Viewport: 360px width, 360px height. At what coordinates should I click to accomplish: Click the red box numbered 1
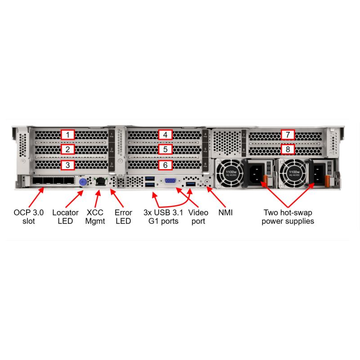[67, 135]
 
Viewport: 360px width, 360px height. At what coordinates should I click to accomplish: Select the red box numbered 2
[67, 149]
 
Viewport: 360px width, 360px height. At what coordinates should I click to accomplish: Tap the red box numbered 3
[67, 165]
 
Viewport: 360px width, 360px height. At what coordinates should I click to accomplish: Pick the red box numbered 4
[166, 135]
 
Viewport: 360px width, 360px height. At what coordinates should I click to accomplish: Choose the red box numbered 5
[166, 149]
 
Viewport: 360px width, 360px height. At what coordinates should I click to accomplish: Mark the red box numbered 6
[166, 165]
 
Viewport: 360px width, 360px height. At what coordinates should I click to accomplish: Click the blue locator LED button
[83, 182]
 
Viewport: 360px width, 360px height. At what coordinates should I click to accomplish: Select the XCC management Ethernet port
[100, 182]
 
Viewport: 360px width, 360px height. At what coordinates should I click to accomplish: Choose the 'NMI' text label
[226, 212]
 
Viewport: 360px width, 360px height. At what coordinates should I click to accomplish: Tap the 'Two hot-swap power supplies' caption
[288, 217]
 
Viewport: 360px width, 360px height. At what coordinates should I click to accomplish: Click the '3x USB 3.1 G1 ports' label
[163, 217]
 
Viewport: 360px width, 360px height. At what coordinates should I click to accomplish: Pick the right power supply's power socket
[317, 173]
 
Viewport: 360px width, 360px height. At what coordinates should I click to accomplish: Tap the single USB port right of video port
[190, 184]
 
